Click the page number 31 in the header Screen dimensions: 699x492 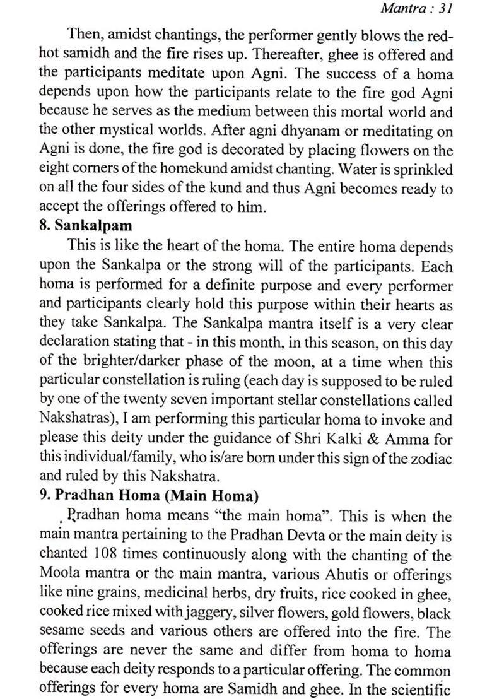point(446,8)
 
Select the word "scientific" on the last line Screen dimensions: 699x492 point(425,689)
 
